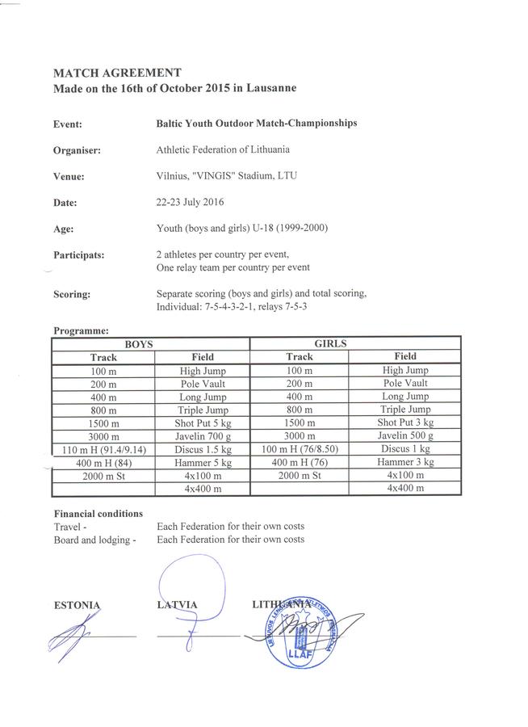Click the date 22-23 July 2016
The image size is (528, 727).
[191, 202]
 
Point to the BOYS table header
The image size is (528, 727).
[150, 343]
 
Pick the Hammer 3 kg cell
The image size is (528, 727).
[405, 462]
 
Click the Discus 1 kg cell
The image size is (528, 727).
[405, 449]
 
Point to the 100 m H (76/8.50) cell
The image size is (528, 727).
[300, 449]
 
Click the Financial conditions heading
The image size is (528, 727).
[98, 514]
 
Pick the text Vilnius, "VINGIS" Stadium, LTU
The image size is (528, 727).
[227, 175]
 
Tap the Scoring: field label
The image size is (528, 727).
[71, 295]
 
